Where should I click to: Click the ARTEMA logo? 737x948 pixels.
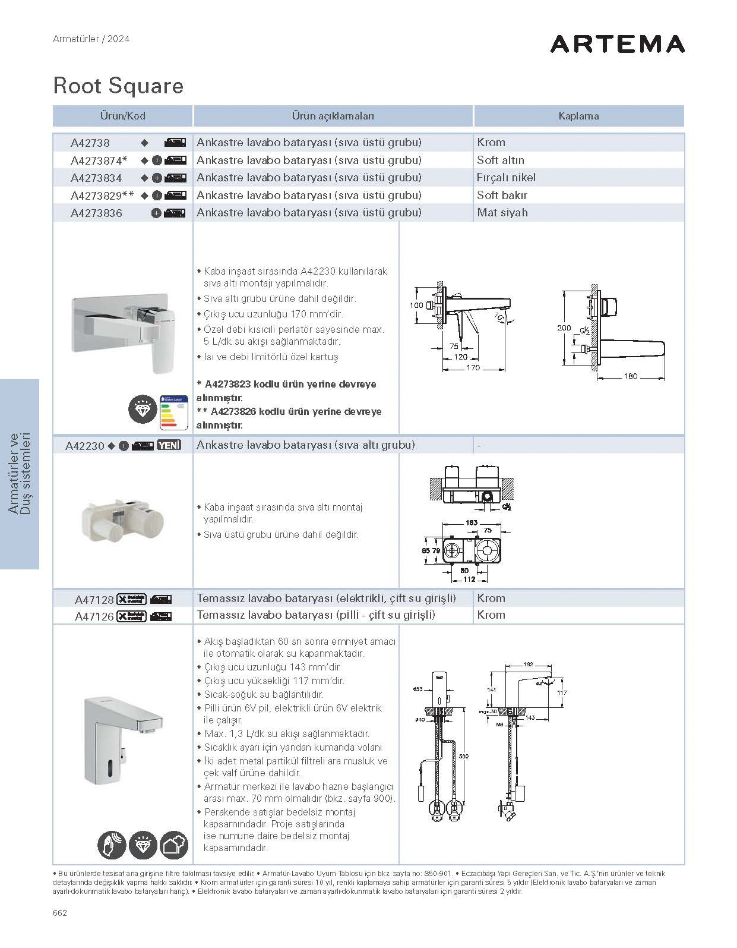(x=617, y=44)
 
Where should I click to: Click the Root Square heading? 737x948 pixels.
(x=118, y=86)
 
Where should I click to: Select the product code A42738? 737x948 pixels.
(x=90, y=143)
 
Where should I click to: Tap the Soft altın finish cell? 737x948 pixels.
(x=501, y=160)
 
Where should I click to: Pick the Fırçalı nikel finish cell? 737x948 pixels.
(x=506, y=177)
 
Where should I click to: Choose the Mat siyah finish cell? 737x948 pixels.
(x=502, y=212)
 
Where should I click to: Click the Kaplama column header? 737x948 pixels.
(x=578, y=116)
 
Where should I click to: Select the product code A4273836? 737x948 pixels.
(x=96, y=213)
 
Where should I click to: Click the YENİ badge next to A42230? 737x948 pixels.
(x=169, y=445)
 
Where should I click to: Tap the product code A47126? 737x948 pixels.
(x=94, y=617)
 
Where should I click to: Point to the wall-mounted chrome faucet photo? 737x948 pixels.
(x=124, y=329)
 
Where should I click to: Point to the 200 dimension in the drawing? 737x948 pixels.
(x=564, y=328)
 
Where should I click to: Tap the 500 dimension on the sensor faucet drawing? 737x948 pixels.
(x=463, y=756)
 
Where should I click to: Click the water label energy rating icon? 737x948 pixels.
(x=175, y=412)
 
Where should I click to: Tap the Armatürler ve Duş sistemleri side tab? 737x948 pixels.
(x=20, y=474)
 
